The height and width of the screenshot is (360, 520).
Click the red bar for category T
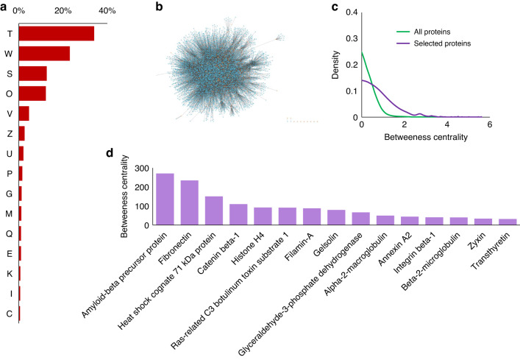pos(56,33)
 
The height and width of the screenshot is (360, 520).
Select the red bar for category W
pos(43,53)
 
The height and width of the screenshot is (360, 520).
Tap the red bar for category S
pos(32,74)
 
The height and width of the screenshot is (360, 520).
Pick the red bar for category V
pos(24,113)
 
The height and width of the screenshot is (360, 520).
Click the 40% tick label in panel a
pos(107,11)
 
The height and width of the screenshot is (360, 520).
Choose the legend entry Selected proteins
pos(430,43)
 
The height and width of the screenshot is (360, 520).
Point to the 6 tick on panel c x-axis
pos(488,126)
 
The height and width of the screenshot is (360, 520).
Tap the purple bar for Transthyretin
pos(507,222)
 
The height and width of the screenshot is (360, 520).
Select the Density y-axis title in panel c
pos(337,65)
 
